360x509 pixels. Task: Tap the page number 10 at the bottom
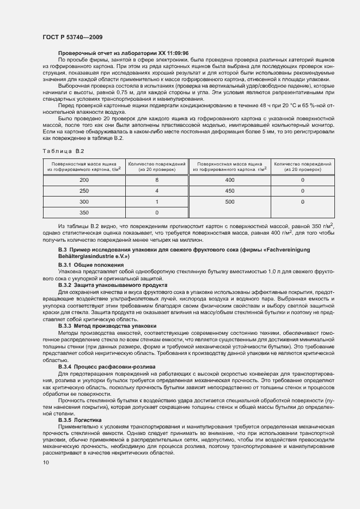[46, 462]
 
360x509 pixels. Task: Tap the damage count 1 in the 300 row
[156, 201]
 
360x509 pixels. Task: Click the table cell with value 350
[84, 212]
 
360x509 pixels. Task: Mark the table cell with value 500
[229, 201]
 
